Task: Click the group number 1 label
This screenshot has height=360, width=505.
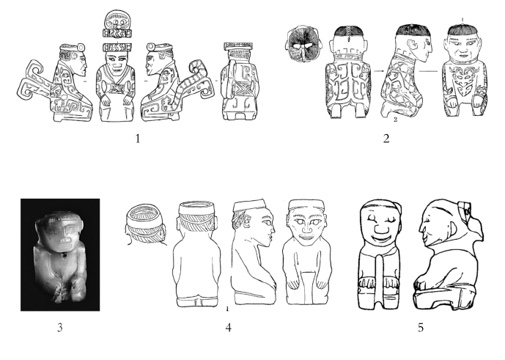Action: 138,139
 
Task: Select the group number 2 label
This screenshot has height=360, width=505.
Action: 386,139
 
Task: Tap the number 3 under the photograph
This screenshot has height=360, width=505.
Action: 60,328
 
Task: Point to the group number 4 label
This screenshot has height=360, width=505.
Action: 229,328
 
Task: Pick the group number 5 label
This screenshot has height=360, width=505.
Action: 421,328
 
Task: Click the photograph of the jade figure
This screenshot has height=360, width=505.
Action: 60,254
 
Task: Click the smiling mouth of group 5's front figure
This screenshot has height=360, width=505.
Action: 382,238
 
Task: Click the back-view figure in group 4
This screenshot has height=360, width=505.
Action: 196,254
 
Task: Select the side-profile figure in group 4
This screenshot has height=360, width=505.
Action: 254,251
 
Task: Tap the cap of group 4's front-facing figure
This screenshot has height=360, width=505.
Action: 306,205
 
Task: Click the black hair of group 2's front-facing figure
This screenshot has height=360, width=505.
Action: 464,30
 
